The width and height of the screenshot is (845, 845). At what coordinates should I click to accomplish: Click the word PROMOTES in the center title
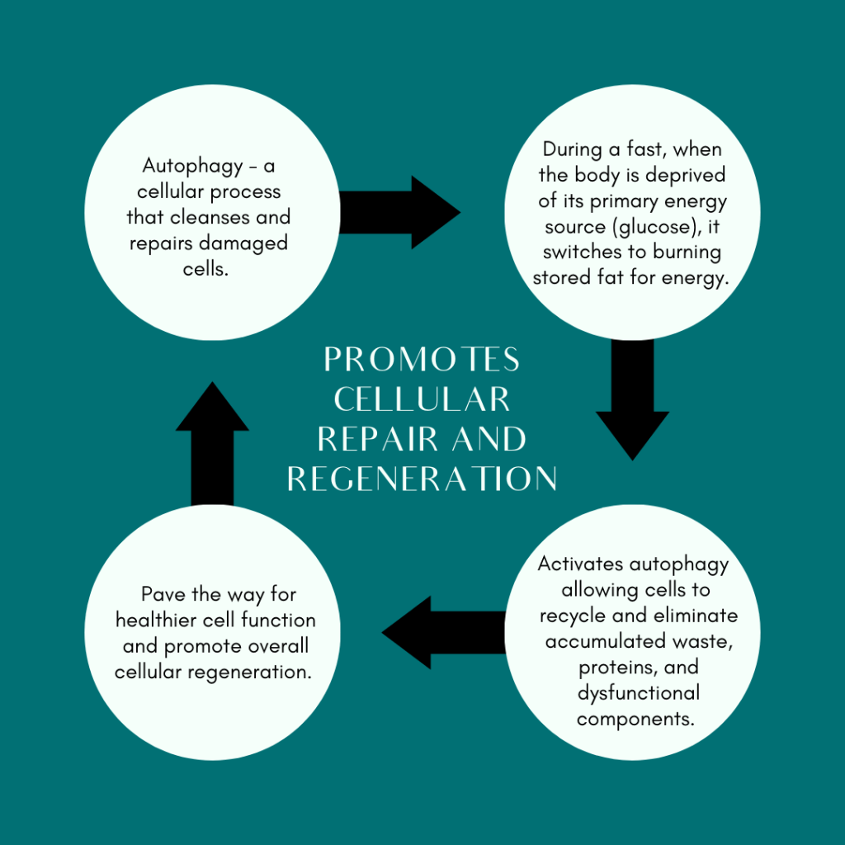[422, 360]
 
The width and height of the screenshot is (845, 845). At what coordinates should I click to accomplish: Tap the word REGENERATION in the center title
[422, 479]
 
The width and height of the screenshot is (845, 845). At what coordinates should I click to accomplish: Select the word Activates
[581, 565]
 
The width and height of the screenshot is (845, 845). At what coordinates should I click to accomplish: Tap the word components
[635, 718]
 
